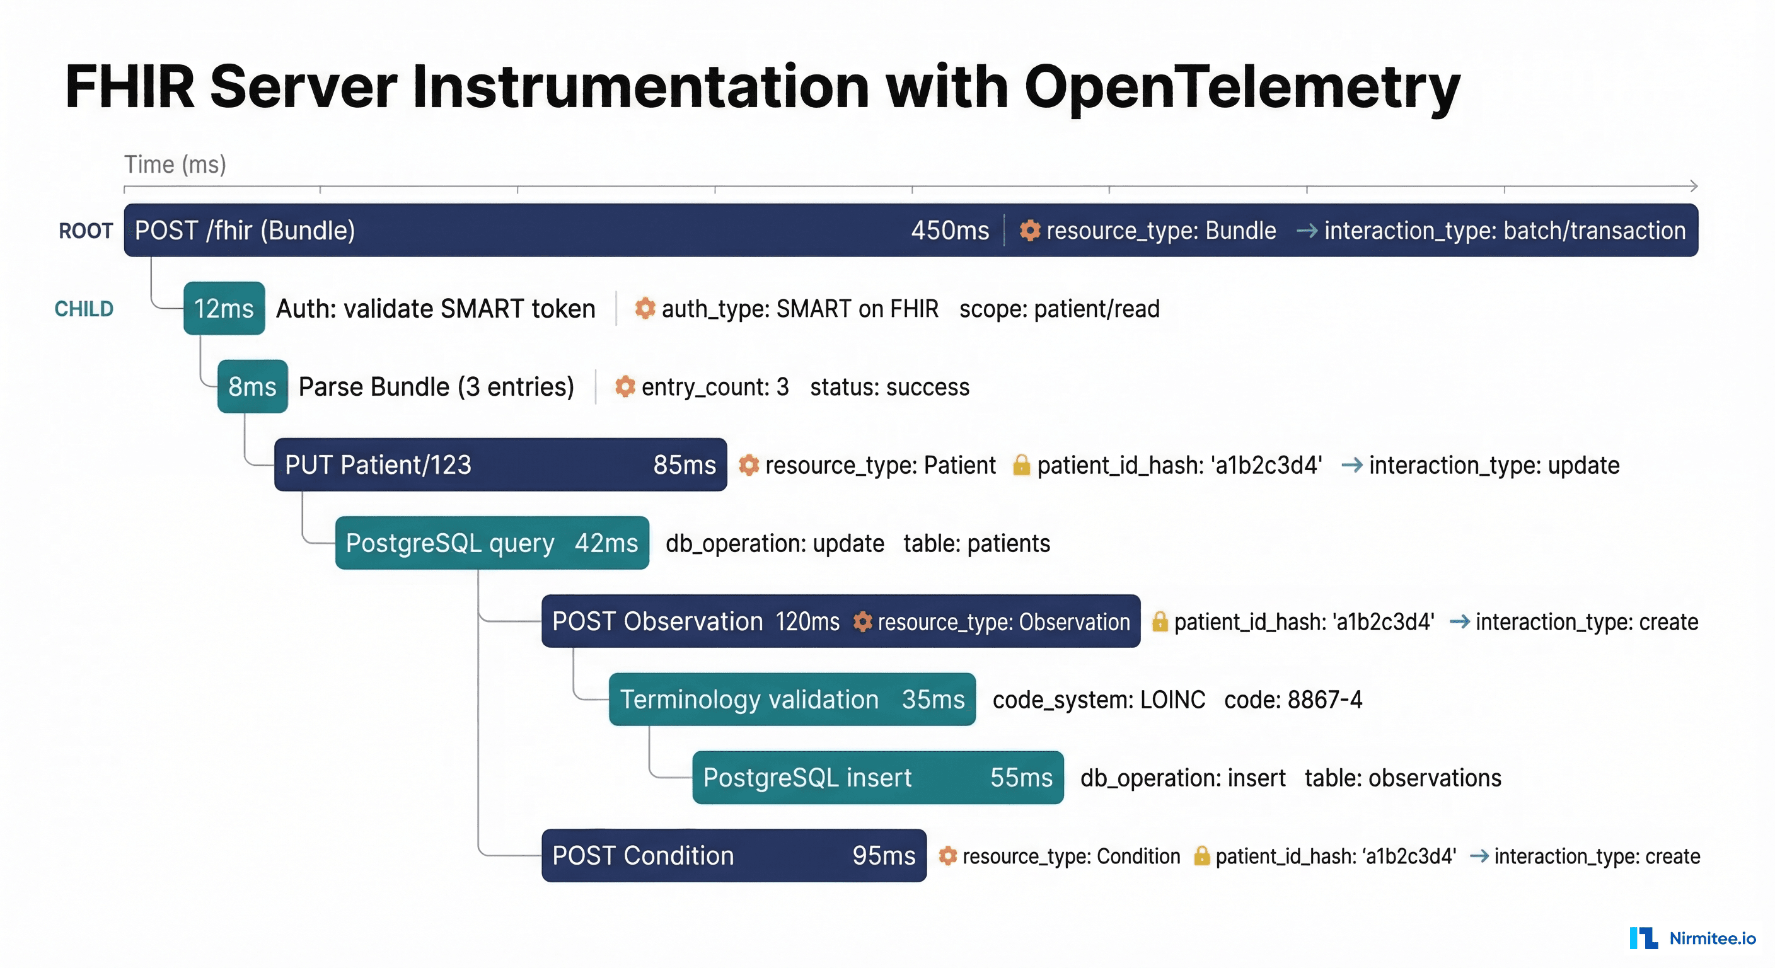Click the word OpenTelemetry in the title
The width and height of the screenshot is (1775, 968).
[x=1242, y=88]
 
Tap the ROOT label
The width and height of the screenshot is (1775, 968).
[x=86, y=231]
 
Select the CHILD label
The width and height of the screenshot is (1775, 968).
[x=84, y=309]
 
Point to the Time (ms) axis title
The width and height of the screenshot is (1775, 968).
[x=175, y=164]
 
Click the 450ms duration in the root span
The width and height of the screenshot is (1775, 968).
[x=949, y=230]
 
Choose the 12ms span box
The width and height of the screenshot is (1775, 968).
[x=224, y=308]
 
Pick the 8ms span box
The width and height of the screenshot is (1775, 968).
[x=252, y=386]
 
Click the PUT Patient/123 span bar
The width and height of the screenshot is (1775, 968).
[x=500, y=464]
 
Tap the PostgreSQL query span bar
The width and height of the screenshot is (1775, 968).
[x=492, y=543]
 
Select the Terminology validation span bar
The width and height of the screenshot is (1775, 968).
[x=792, y=700]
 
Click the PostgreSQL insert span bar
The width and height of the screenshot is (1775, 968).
[x=878, y=777]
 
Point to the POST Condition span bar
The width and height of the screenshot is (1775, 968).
[x=734, y=855]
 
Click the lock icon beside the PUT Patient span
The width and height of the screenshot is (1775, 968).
[x=1021, y=465]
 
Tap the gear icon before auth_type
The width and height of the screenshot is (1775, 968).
[x=645, y=308]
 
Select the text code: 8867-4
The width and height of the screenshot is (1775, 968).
[x=1293, y=700]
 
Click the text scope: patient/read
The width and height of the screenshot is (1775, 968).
[x=1059, y=309]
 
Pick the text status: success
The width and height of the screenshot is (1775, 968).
[x=889, y=387]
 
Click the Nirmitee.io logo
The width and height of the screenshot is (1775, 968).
[x=1692, y=938]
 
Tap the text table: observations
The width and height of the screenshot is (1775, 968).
[x=1403, y=778]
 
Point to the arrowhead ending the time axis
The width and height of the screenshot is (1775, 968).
[x=1694, y=186]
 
